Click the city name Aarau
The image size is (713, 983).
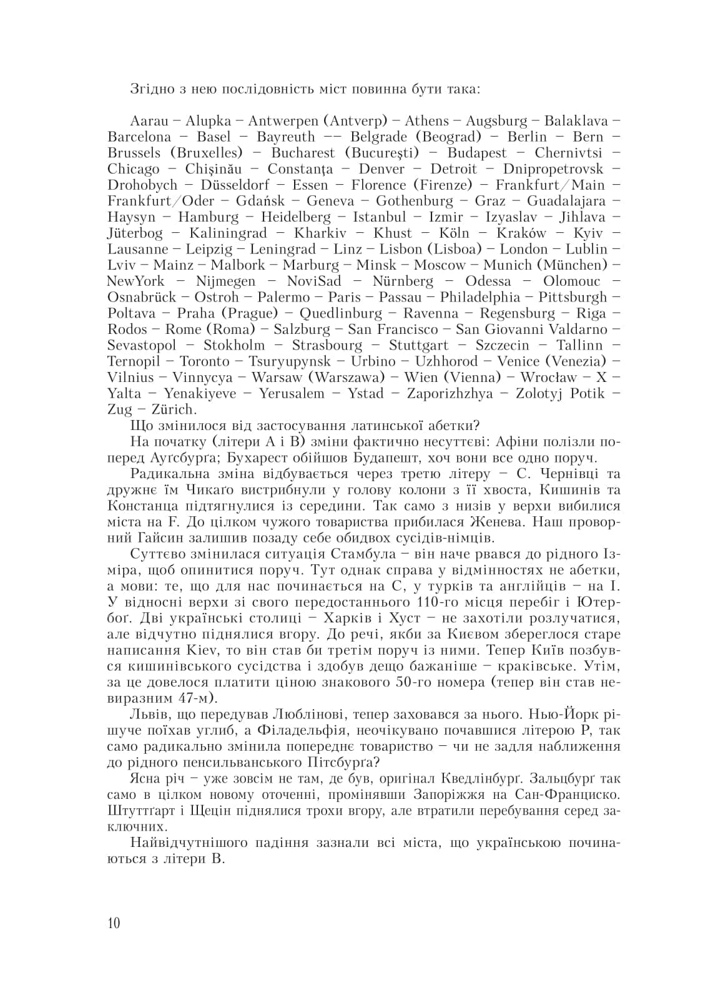150,120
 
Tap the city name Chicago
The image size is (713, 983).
134,169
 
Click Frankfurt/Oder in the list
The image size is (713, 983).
160,201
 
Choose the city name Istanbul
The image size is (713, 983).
379,217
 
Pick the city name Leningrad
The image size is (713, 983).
283,249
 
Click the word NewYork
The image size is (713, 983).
135,281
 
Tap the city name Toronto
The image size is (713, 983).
205,361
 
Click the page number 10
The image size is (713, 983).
114,923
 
